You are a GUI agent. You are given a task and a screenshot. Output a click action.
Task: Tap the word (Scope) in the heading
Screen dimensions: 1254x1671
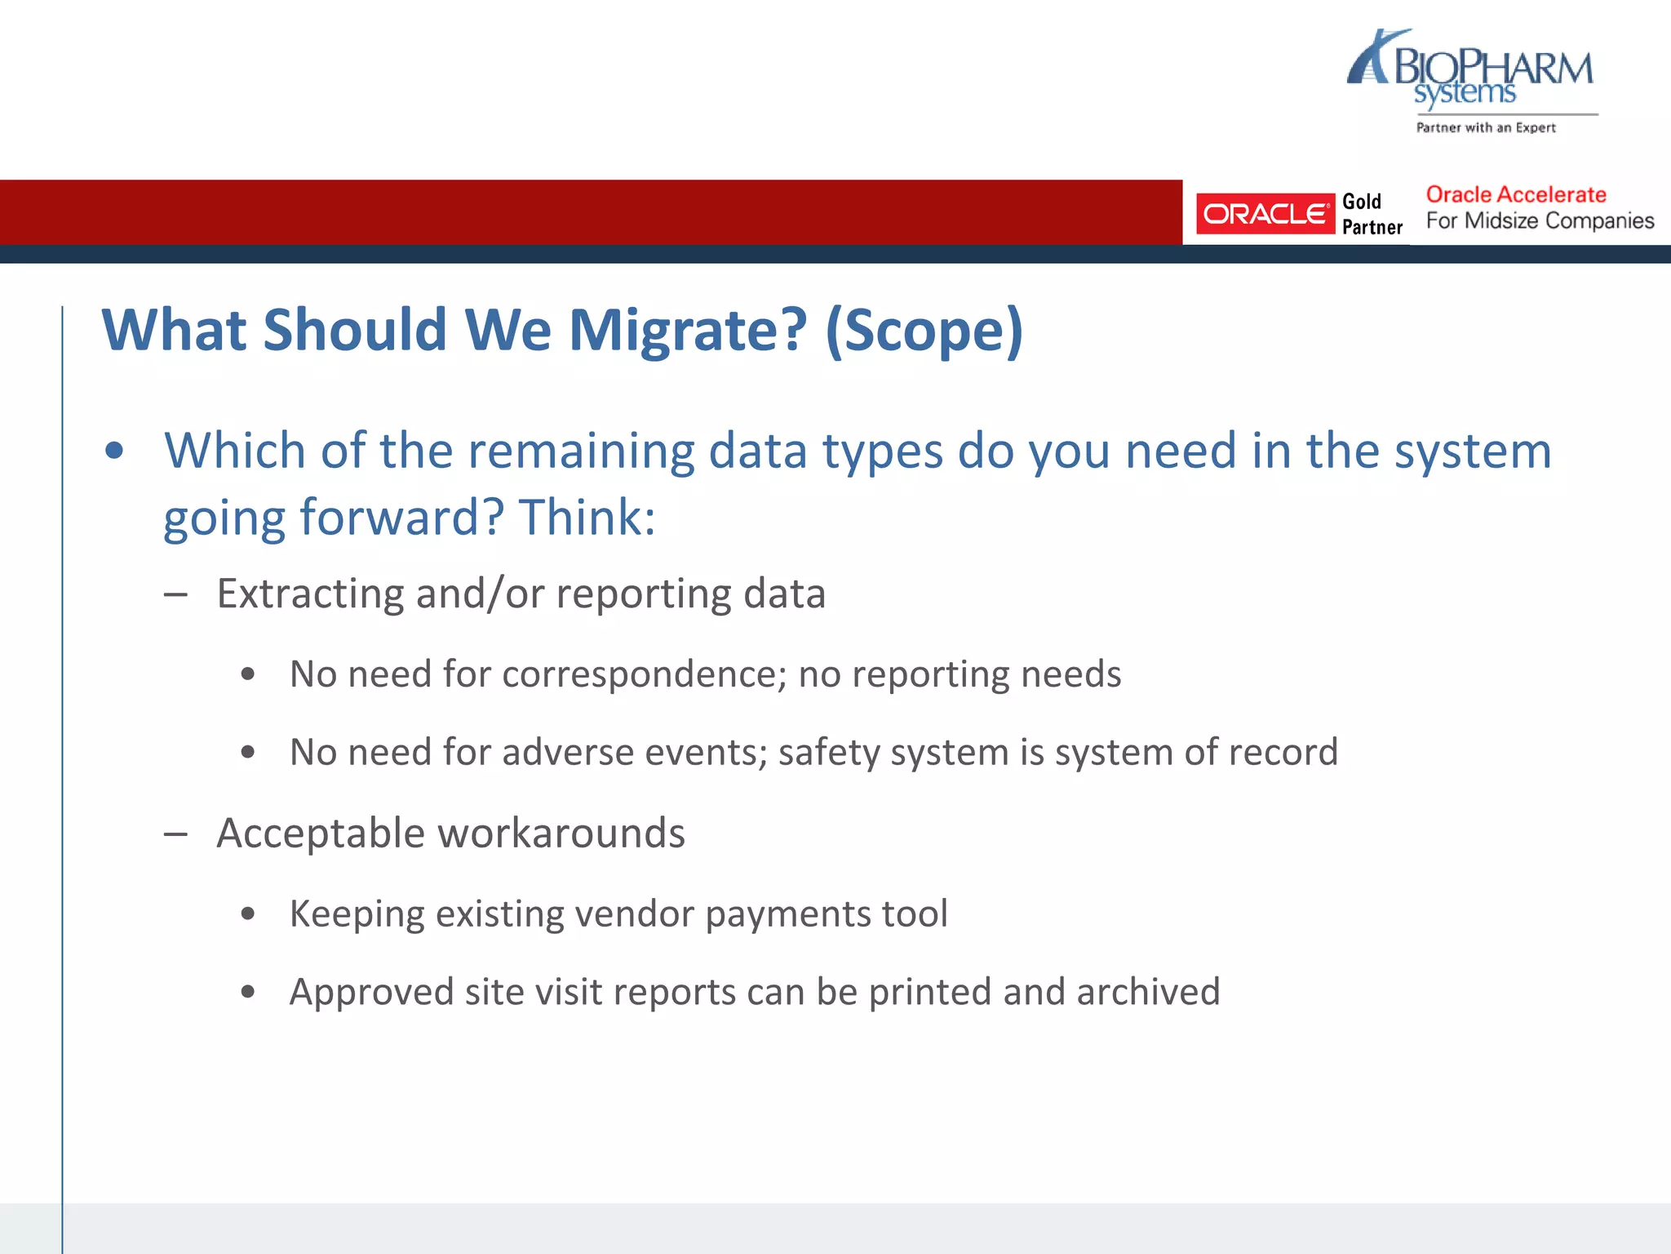[x=924, y=331]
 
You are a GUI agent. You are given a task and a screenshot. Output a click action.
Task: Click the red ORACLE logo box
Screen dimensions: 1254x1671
[x=1265, y=214]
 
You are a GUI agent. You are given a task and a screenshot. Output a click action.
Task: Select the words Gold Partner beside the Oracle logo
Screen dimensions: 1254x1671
[x=1372, y=214]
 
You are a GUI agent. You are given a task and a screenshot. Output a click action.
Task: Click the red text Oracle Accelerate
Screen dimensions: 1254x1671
[x=1515, y=194]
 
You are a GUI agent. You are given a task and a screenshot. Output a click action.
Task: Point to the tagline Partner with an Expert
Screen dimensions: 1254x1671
[x=1486, y=127]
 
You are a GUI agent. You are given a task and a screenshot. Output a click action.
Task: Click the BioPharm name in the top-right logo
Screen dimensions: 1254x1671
[x=1493, y=67]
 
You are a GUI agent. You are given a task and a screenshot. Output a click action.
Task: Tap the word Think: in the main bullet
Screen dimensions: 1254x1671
[x=587, y=518]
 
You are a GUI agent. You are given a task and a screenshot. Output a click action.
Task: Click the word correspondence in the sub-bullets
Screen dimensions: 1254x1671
[x=644, y=674]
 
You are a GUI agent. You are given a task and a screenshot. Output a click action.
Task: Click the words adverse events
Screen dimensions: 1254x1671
[x=635, y=752]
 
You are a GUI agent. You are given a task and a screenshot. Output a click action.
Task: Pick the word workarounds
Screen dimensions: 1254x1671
[x=561, y=834]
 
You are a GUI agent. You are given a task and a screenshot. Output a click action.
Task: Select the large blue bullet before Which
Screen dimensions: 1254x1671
[x=114, y=451]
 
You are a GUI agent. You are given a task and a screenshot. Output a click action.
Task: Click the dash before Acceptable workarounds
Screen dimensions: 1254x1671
[x=175, y=834]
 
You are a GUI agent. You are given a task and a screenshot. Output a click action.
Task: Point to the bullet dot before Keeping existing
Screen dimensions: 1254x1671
[x=248, y=914]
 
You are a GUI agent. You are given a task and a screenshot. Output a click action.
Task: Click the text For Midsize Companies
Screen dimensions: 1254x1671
[x=1540, y=221]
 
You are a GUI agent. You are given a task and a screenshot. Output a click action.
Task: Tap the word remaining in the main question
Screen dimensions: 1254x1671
[x=579, y=451]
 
